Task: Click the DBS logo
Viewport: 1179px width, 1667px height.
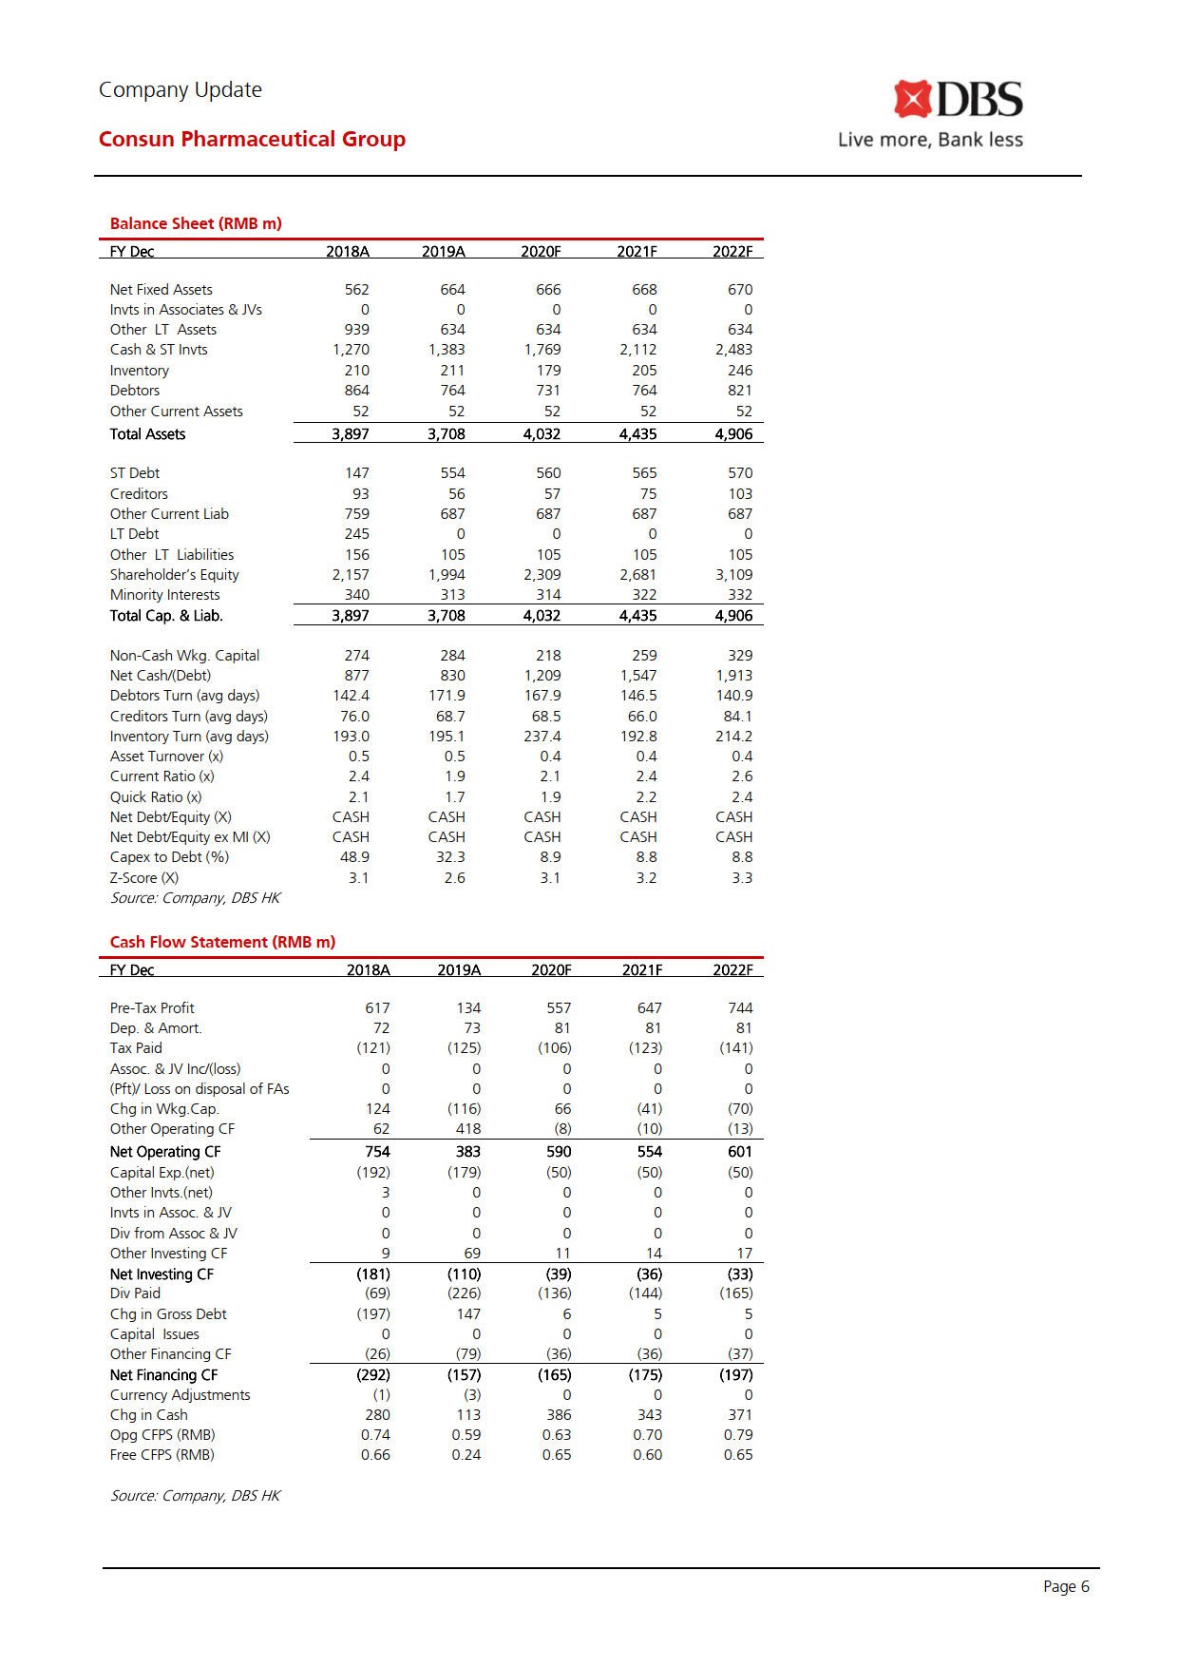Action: (958, 100)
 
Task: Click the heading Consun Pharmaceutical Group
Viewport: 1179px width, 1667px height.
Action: (252, 139)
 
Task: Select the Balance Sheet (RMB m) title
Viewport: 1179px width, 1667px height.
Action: (196, 223)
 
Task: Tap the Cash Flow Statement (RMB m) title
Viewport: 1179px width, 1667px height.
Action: (222, 942)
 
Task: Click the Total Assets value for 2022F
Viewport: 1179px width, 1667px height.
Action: (733, 434)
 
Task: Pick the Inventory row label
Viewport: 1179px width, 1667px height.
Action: (140, 371)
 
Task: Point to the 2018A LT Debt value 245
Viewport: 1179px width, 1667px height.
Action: (356, 534)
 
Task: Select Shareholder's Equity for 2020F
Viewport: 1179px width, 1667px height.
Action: (542, 575)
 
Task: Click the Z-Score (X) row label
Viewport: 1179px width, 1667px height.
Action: (144, 878)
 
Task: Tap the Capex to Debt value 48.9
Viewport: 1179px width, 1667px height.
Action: (354, 857)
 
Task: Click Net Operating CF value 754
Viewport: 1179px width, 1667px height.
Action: (377, 1152)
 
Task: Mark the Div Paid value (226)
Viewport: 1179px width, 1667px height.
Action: (464, 1293)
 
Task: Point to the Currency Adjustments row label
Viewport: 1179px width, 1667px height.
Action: (181, 1395)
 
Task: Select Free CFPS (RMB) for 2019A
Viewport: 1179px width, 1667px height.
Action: (466, 1455)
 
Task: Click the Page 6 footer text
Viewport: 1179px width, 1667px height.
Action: (1066, 1586)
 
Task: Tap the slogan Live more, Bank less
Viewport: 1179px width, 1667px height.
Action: (930, 140)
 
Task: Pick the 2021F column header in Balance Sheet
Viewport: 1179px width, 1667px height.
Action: (637, 252)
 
